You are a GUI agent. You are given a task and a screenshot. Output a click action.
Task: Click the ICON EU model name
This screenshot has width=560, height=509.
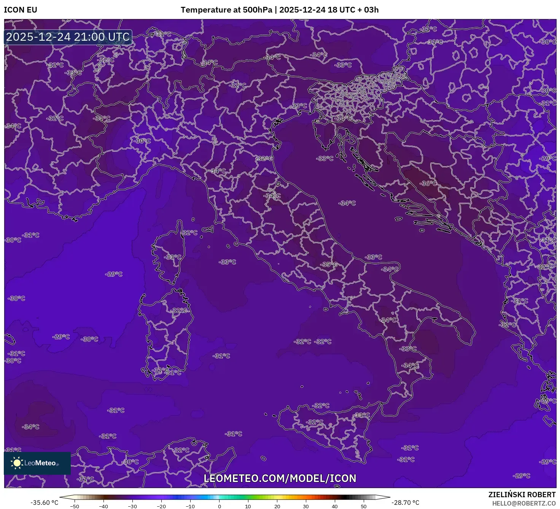[x=21, y=10]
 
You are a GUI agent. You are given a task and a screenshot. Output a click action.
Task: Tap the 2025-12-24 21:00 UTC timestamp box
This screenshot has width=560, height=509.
[x=68, y=37]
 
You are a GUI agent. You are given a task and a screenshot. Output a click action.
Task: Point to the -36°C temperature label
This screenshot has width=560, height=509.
[x=428, y=183]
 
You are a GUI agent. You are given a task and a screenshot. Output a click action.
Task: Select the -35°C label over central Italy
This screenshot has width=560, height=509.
[x=329, y=264]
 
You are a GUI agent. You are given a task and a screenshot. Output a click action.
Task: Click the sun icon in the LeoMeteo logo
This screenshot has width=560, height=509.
[x=17, y=463]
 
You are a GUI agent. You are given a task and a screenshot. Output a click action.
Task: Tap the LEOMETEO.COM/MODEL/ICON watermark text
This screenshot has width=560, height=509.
[x=280, y=478]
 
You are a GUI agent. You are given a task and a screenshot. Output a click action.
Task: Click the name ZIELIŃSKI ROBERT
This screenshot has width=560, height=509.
[x=522, y=495]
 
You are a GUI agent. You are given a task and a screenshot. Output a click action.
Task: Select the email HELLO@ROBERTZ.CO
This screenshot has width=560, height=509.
[x=523, y=503]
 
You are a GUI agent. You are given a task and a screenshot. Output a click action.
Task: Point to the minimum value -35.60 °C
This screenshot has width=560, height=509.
[x=45, y=503]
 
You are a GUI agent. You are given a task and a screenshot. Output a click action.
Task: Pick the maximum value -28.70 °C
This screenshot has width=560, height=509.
[x=406, y=503]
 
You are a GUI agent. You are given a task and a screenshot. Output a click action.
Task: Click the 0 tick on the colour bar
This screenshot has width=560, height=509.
[x=220, y=506]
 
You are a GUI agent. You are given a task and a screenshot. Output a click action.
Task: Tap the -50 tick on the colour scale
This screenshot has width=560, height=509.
[x=75, y=506]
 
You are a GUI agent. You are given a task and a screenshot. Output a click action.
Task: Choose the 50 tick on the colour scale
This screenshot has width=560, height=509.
[x=364, y=506]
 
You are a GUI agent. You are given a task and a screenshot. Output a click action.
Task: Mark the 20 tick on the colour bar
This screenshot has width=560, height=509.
[x=277, y=506]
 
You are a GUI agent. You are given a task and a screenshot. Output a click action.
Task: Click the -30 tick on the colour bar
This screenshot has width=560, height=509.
[x=132, y=506]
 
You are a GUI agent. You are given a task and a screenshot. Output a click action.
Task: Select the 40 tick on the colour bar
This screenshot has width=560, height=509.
[x=335, y=506]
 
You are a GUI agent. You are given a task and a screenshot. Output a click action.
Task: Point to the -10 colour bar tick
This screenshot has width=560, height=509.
[x=190, y=506]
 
